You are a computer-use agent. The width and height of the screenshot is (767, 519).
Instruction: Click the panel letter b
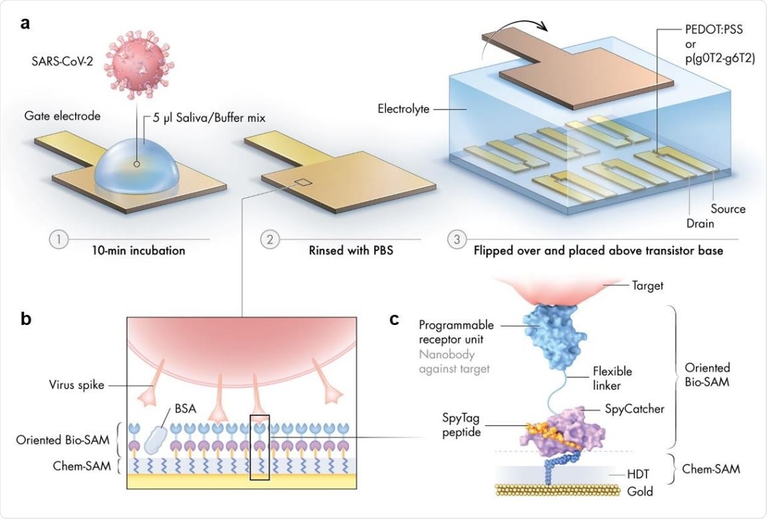point(26,318)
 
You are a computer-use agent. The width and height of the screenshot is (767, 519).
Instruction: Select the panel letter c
point(395,320)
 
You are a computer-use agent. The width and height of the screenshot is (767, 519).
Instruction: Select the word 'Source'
point(728,209)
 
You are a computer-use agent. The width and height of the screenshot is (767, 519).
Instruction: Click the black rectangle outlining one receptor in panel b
point(259,447)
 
